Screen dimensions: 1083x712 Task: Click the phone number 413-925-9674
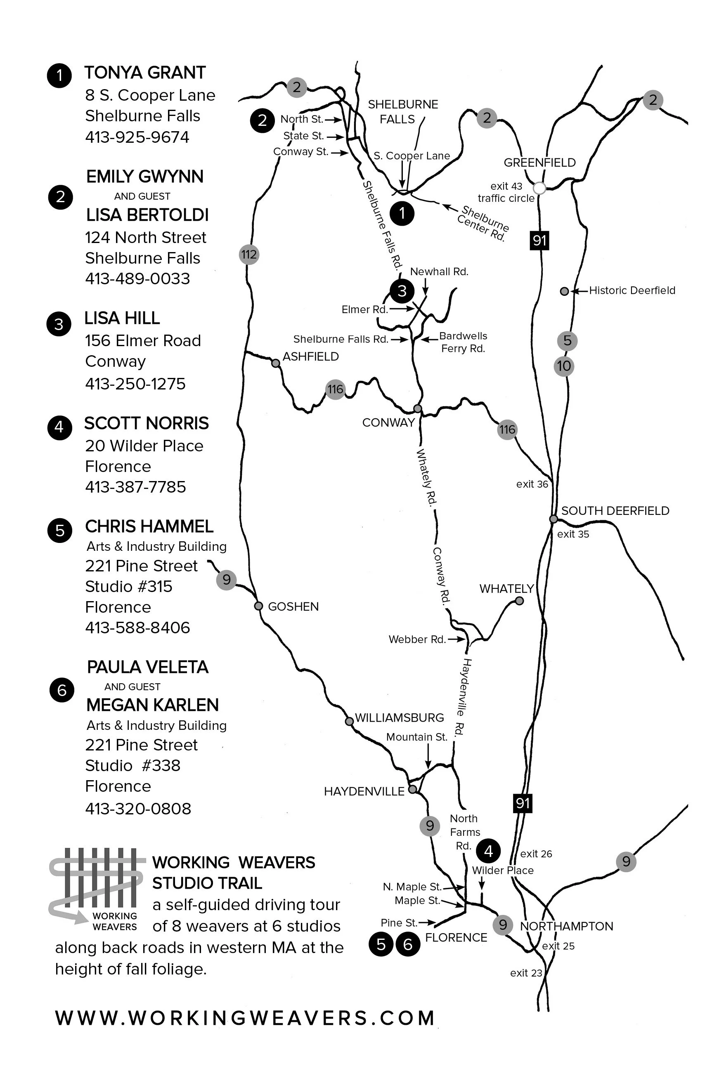[x=137, y=137]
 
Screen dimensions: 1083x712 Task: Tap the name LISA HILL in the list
[x=122, y=318]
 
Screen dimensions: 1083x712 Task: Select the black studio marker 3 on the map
[x=402, y=291]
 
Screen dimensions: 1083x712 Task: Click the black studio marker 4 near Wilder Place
[x=488, y=850]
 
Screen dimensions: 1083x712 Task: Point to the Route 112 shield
[x=249, y=255]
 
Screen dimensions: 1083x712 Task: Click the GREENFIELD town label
[x=539, y=163]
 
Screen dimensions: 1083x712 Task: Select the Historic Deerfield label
[x=632, y=290]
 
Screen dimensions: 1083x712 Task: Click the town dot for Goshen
[x=258, y=606]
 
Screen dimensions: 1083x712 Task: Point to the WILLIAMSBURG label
[x=399, y=717]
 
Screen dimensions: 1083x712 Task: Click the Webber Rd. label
[x=416, y=639]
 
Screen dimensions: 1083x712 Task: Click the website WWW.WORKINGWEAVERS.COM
[x=245, y=1018]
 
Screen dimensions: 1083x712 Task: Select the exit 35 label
[x=573, y=534]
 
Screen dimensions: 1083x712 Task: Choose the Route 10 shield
[x=563, y=366]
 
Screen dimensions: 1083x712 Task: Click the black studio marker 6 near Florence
[x=408, y=945]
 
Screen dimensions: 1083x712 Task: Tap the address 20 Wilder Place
[x=144, y=446]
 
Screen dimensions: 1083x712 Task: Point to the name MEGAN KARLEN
[x=152, y=705]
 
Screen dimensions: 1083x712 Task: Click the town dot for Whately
[x=519, y=601]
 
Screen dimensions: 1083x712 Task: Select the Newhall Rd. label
[x=439, y=271]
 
